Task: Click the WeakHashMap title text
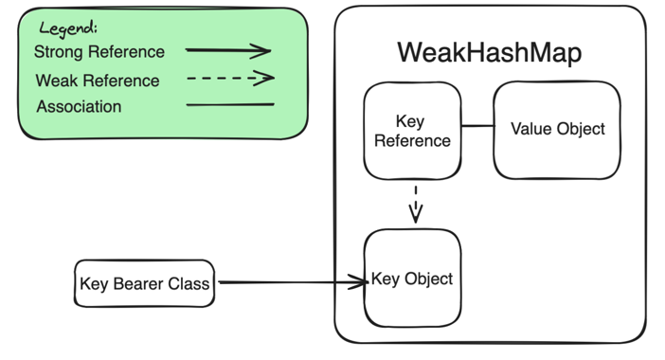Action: [489, 53]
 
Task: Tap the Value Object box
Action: [557, 129]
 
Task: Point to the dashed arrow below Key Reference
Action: [415, 203]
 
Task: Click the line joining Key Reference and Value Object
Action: [477, 125]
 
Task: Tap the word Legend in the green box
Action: [67, 27]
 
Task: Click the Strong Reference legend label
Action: [99, 52]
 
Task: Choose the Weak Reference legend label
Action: [98, 81]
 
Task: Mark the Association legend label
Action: [80, 107]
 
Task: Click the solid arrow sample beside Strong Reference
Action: [228, 51]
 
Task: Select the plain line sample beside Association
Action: [230, 105]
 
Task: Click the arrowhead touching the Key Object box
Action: [359, 281]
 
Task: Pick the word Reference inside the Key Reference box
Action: [412, 141]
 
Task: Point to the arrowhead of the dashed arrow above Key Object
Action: [415, 217]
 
